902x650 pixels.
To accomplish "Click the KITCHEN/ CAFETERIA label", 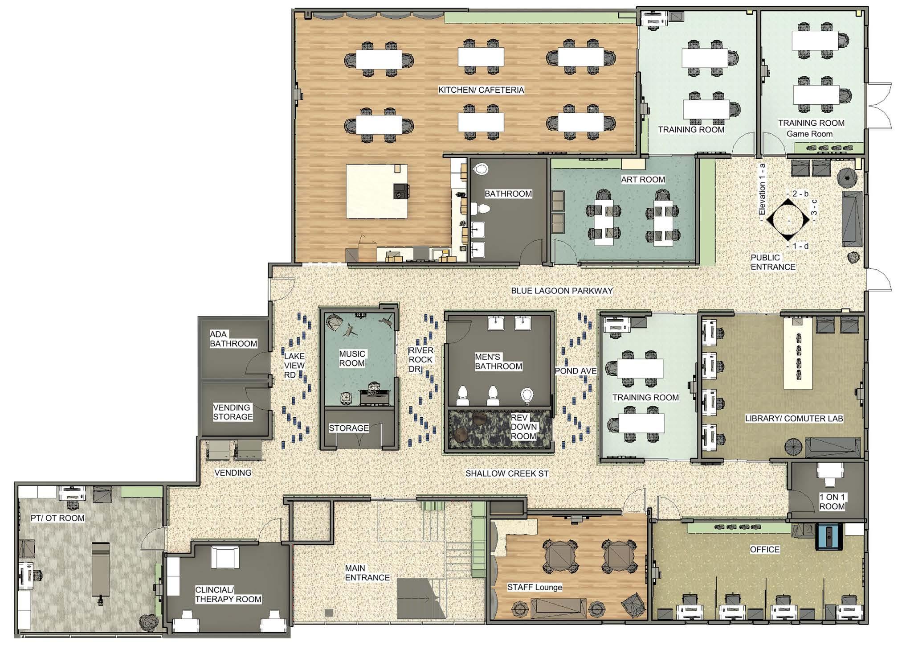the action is click(481, 90).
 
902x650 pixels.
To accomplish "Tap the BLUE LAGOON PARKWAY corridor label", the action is click(562, 291).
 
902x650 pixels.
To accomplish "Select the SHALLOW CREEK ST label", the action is click(507, 473).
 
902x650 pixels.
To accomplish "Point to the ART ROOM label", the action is click(643, 180).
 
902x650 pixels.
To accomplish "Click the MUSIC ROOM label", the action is click(352, 358).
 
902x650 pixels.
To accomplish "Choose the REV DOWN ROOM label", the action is click(523, 427).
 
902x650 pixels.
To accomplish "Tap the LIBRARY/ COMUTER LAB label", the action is click(794, 419).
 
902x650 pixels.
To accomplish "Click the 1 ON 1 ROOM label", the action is click(832, 502).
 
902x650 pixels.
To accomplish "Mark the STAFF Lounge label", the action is click(535, 587).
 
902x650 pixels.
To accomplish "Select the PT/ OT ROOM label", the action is click(57, 518).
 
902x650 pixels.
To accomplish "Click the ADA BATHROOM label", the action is click(233, 339).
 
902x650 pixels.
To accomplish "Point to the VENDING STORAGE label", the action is click(233, 412).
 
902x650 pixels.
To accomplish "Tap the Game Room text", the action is click(809, 134).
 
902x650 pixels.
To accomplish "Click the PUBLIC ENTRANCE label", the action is click(773, 262).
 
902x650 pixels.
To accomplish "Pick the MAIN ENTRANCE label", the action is click(367, 573).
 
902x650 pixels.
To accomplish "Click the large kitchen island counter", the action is click(377, 191).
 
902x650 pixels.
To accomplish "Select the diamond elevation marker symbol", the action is click(788, 220).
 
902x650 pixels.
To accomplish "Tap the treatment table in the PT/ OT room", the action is click(100, 570).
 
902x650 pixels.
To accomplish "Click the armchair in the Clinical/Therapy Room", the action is click(225, 557).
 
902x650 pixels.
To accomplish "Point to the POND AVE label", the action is click(575, 371).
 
